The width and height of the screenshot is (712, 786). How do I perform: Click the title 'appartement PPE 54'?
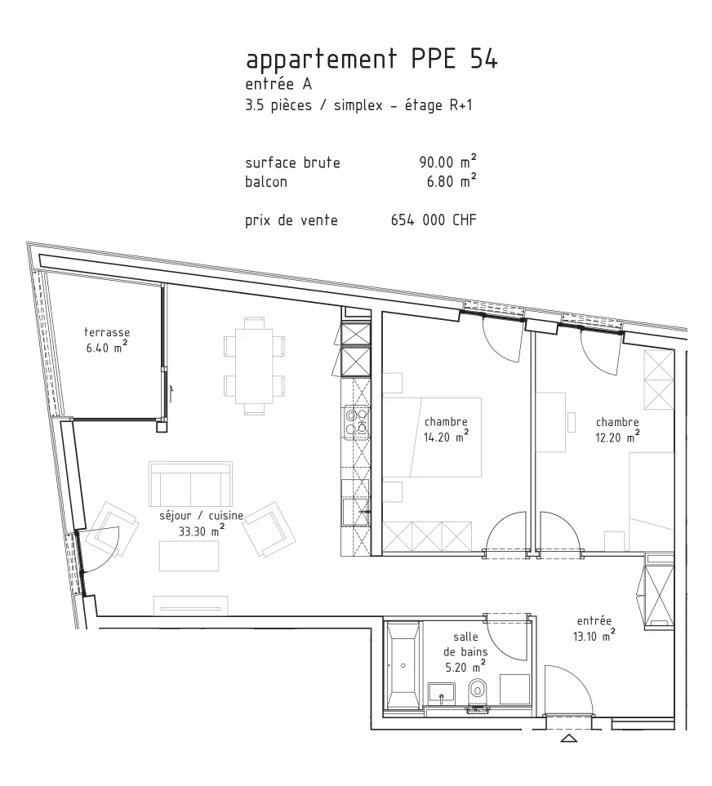pyautogui.click(x=372, y=60)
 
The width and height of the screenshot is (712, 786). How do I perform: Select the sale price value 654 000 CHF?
pyautogui.click(x=434, y=220)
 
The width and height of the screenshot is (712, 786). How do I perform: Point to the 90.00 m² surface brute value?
pyautogui.click(x=447, y=162)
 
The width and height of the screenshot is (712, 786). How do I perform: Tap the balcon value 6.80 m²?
pyautogui.click(x=452, y=181)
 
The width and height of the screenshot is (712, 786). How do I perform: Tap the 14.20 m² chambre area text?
pyautogui.click(x=446, y=437)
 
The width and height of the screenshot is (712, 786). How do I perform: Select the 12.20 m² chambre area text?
pyautogui.click(x=617, y=437)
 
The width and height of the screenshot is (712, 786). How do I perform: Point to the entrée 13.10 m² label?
pyautogui.click(x=594, y=628)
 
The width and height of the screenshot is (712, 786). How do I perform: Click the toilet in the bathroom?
pyautogui.click(x=478, y=692)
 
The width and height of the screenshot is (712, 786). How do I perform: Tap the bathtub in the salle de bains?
pyautogui.click(x=403, y=664)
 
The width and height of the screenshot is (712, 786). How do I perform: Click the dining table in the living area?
pyautogui.click(x=254, y=366)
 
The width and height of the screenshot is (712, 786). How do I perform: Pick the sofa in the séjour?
pyautogui.click(x=190, y=484)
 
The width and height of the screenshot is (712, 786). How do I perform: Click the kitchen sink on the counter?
pyautogui.click(x=355, y=511)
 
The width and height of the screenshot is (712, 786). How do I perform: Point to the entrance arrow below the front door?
pyautogui.click(x=568, y=738)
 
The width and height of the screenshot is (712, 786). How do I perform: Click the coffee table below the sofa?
pyautogui.click(x=189, y=556)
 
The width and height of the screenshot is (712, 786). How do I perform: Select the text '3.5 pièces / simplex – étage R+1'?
pyautogui.click(x=358, y=105)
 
